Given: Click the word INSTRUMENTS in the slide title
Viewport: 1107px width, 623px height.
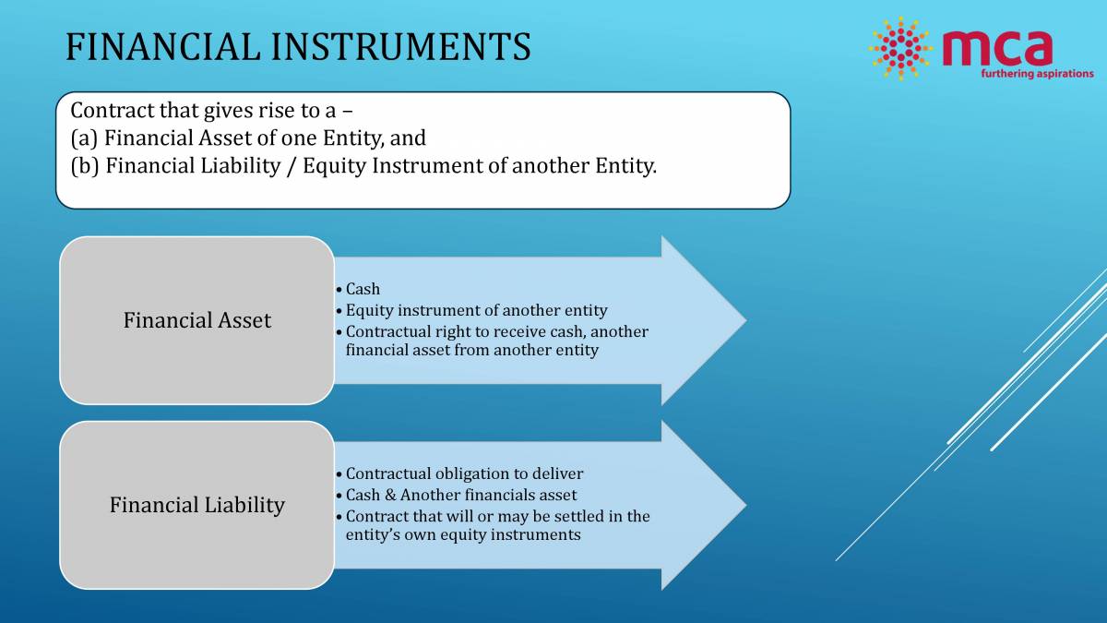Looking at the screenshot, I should (x=399, y=46).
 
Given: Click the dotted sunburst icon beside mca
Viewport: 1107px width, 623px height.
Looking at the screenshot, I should (x=899, y=48).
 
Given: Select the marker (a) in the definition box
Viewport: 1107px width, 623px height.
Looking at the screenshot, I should (x=84, y=139).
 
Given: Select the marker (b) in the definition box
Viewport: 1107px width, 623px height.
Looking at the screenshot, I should (x=85, y=167).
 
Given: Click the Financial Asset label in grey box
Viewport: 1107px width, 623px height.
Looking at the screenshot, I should (x=196, y=320).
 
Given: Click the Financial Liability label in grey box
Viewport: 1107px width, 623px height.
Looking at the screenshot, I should (x=196, y=505).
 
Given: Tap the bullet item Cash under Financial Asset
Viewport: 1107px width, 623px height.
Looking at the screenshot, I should (x=363, y=289).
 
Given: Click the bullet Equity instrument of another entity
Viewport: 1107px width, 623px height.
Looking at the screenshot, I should (x=476, y=310).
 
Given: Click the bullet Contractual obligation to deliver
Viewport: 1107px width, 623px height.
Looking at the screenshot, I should (x=464, y=473).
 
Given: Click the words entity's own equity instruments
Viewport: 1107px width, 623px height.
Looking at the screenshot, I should (x=463, y=534).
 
